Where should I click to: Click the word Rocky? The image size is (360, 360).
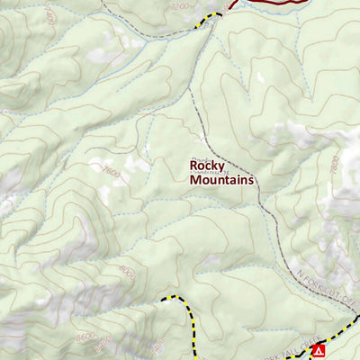(206, 166)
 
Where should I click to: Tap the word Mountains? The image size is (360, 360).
(222, 180)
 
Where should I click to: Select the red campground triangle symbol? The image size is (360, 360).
(317, 351)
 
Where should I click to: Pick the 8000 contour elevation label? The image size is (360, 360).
(125, 269)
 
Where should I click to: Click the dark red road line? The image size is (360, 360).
(270, 3)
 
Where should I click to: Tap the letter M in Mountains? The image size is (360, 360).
(195, 180)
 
